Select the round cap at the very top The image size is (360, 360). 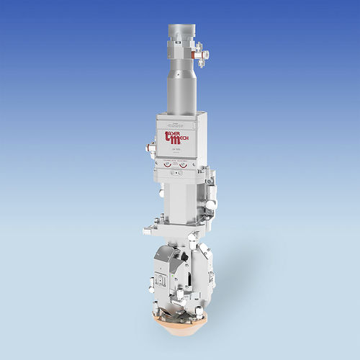pos(182,32)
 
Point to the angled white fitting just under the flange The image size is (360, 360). pos(192,238)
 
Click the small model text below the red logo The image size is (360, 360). pos(176,149)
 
